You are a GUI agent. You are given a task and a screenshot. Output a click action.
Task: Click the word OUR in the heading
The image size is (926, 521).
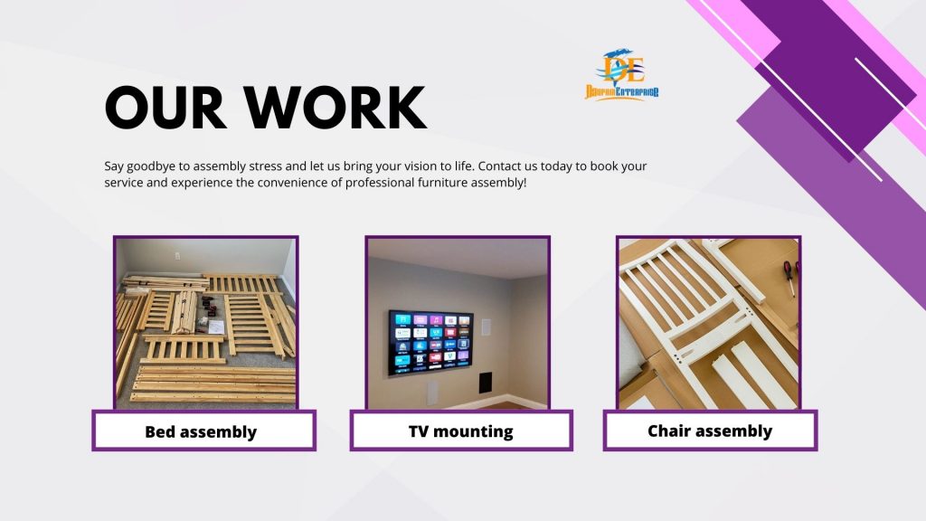coord(165,107)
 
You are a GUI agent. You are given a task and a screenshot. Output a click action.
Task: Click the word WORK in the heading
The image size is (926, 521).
coord(335,107)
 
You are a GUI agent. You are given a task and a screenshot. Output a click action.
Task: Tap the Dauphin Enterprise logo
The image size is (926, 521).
coord(622,74)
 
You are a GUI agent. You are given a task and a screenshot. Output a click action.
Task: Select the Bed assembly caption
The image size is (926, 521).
coord(201,431)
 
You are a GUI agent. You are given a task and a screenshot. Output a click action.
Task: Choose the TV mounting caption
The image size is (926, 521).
coord(460,431)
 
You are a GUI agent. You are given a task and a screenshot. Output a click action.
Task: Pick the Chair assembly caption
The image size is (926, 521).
coord(710,431)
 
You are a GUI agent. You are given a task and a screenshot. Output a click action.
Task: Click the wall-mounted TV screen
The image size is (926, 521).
coord(430,343)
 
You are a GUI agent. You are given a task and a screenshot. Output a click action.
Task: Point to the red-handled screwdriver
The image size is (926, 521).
coord(789,278)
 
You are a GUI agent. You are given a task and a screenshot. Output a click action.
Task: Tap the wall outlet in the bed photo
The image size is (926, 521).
coord(176,256)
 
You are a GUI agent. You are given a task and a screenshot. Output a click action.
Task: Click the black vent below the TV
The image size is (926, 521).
coord(486,383)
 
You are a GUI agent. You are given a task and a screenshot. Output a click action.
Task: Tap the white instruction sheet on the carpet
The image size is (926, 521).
coord(215,326)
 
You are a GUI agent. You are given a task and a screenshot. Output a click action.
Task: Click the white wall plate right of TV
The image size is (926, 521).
coord(487,327)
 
